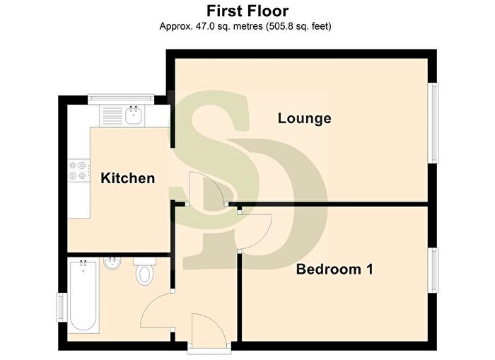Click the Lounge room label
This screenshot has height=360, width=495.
304,118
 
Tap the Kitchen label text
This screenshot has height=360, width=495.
128,178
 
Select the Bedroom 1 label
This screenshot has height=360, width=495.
334,269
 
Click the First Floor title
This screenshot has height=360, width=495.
248,11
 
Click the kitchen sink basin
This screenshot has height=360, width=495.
134,115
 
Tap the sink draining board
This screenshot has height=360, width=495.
111,116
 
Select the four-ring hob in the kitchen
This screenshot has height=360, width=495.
78,170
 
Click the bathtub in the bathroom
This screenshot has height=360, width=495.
83,296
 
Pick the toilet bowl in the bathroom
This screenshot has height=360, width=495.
144,274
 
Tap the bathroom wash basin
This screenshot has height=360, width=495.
112,263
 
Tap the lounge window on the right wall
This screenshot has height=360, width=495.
433,123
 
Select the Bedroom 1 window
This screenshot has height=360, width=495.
433,270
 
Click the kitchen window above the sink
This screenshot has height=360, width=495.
121,99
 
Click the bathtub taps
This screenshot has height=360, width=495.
83,262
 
